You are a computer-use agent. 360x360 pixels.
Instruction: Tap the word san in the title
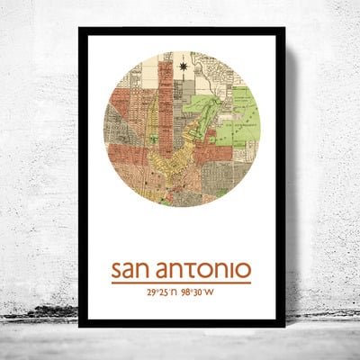click(130, 271)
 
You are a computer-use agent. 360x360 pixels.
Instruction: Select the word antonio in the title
click(203, 270)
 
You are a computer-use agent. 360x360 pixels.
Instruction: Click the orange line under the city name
click(181, 283)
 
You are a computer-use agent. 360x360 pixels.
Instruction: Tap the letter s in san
click(116, 272)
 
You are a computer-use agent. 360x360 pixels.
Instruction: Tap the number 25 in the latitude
click(163, 292)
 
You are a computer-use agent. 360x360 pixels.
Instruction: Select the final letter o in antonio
click(245, 272)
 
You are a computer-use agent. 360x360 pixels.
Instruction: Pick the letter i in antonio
click(232, 270)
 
